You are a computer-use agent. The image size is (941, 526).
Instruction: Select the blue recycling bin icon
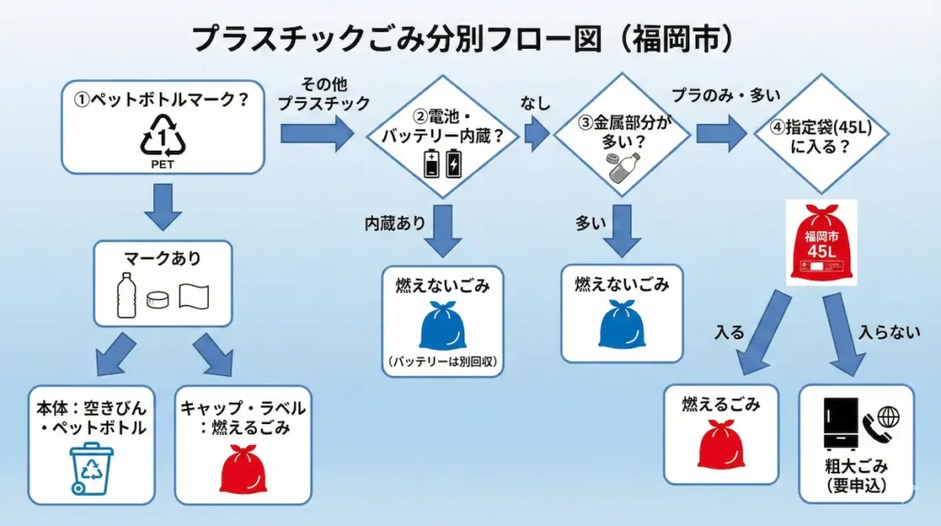(x=92, y=469)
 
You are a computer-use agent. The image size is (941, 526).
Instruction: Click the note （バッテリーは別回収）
(x=443, y=361)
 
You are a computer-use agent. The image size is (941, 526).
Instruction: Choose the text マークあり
(x=163, y=260)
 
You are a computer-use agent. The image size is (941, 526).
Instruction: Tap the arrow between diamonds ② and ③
(x=537, y=136)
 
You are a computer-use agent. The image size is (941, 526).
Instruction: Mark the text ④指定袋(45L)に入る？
(x=820, y=136)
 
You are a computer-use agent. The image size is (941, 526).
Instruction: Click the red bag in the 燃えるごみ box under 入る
(x=720, y=446)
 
